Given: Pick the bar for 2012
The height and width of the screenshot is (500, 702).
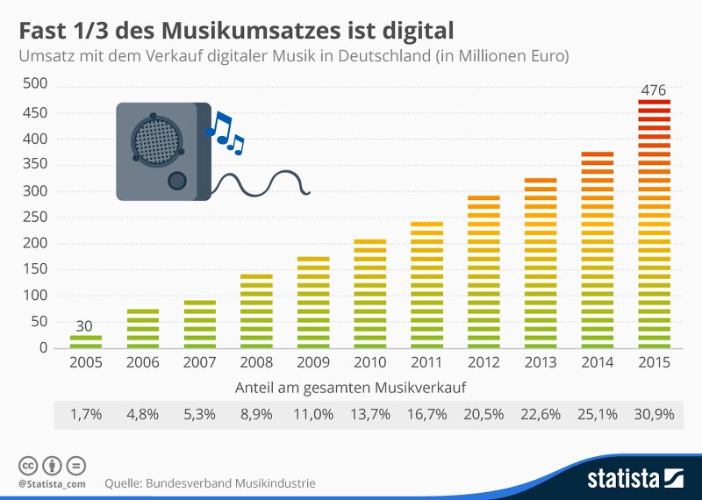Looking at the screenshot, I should point(484,272).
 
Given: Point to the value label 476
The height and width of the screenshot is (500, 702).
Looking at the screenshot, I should point(654,89).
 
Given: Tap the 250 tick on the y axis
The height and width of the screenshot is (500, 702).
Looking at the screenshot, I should point(35,217).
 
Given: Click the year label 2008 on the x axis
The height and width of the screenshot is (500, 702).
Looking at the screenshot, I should point(256,362).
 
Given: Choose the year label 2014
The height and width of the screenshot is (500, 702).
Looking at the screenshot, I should point(597,362).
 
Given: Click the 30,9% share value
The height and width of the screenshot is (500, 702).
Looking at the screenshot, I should point(654,414).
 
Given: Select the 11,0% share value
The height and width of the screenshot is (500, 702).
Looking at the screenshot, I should point(313,414).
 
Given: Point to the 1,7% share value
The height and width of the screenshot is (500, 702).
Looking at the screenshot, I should point(85,414).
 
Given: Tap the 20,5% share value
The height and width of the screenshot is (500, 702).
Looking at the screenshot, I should point(484,414).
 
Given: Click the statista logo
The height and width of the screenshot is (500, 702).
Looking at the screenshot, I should point(635,478).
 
